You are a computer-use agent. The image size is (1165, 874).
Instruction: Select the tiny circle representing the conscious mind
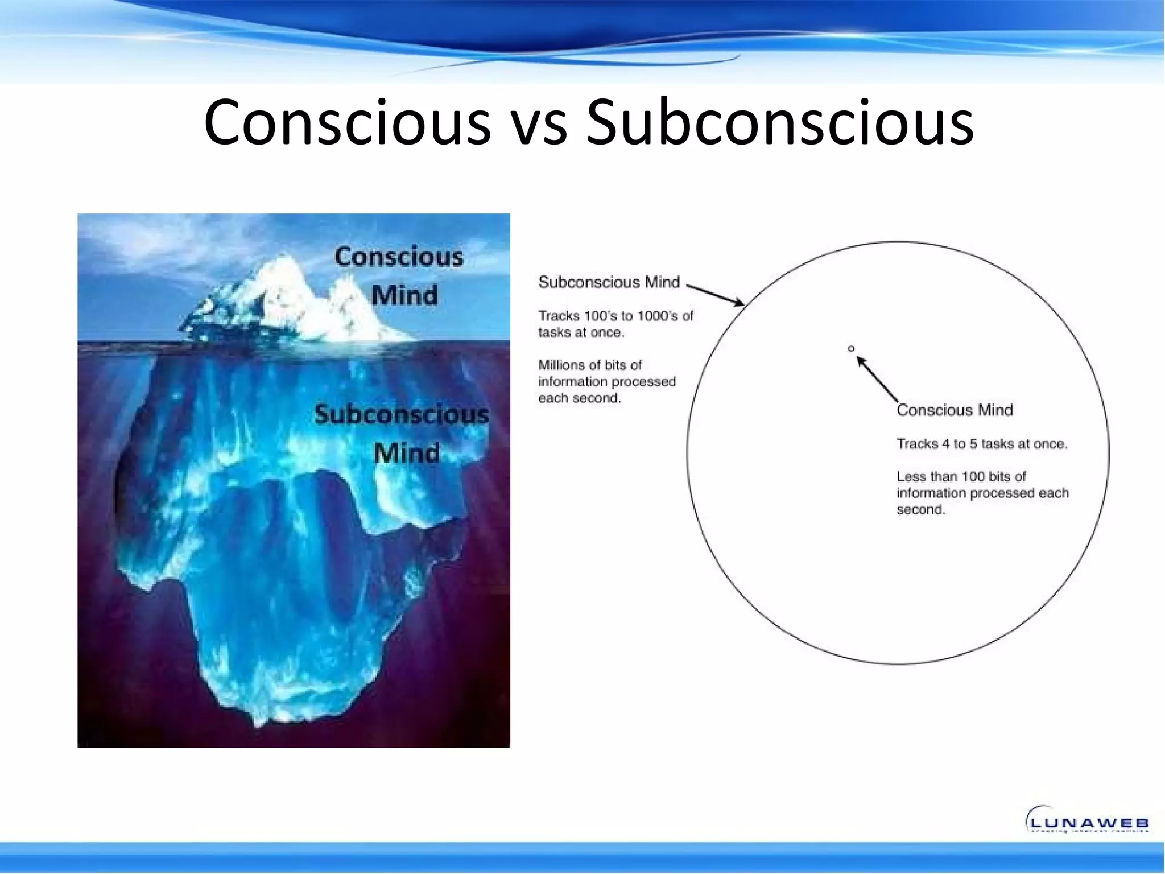tap(851, 348)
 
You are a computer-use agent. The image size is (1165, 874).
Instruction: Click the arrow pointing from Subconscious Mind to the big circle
tap(716, 295)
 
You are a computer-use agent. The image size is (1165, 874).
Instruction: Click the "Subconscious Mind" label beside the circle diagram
tap(609, 282)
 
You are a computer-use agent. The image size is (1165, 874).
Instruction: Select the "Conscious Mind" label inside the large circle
tap(955, 410)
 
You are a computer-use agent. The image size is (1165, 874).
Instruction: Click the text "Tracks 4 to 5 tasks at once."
tap(982, 444)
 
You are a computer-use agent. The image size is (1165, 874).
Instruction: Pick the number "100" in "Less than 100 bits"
tap(973, 476)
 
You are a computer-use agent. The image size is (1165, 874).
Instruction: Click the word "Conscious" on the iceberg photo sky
tap(399, 257)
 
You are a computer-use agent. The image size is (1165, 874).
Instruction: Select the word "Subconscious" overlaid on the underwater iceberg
tap(401, 414)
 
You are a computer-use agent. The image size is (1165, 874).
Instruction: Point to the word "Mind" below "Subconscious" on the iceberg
tap(406, 453)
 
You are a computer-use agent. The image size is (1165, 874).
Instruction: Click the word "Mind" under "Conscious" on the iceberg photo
tap(404, 295)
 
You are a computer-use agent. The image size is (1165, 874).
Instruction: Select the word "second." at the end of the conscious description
tap(921, 510)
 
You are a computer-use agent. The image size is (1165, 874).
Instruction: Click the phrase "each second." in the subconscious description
tap(579, 398)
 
